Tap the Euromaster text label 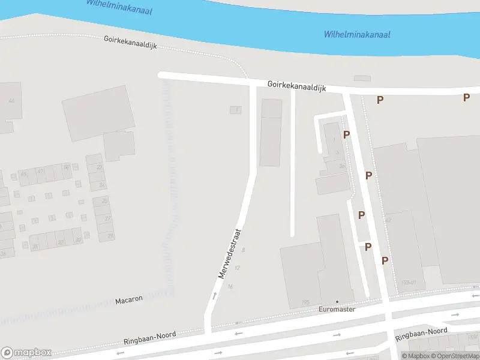pyautogui.click(x=337, y=310)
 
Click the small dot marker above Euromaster pyautogui.click(x=337, y=302)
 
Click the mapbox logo pyautogui.click(x=26, y=353)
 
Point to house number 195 pyautogui.click(x=306, y=302)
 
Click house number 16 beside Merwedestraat pyautogui.click(x=230, y=287)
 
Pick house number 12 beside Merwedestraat pyautogui.click(x=238, y=268)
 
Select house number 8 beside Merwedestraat pyautogui.click(x=244, y=250)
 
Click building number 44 pyautogui.click(x=11, y=100)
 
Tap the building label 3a pyautogui.click(x=342, y=166)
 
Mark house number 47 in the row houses pyautogui.click(x=41, y=171)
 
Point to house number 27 pyautogui.click(x=109, y=219)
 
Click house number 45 pyautogui.click(x=24, y=174)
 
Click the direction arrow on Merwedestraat pyautogui.click(x=214, y=295)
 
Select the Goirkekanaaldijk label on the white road pyautogui.click(x=297, y=88)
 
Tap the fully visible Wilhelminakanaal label pyautogui.click(x=357, y=34)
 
